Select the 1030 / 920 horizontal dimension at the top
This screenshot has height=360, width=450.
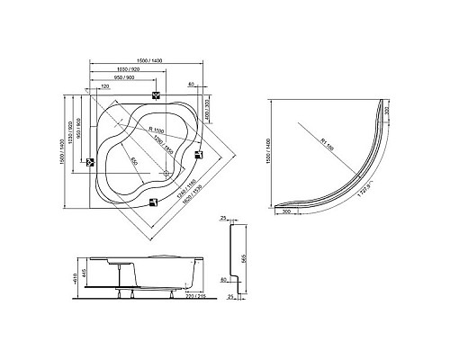121,69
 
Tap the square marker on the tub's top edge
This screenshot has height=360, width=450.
157,97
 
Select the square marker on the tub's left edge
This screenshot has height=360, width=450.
90,163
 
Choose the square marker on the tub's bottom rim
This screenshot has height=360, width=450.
148,202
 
